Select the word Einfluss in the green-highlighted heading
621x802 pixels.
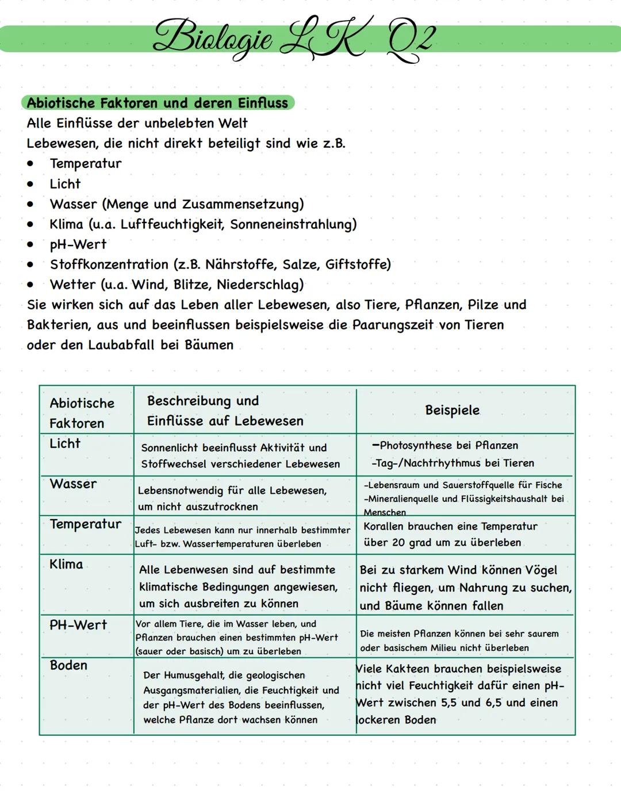pyautogui.click(x=261, y=103)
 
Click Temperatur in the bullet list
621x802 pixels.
pyautogui.click(x=86, y=164)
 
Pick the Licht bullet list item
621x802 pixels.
pyautogui.click(x=65, y=184)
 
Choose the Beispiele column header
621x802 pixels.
pyautogui.click(x=452, y=410)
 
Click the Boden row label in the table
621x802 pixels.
pyautogui.click(x=68, y=665)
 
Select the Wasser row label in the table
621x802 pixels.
pyautogui.click(x=73, y=484)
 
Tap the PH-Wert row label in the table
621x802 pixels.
pyautogui.click(x=78, y=625)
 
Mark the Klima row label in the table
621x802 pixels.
pyautogui.click(x=66, y=565)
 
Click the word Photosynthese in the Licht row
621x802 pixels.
pyautogui.click(x=416, y=446)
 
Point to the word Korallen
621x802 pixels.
pyautogui.click(x=383, y=527)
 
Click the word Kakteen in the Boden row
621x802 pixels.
pyautogui.click(x=408, y=669)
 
